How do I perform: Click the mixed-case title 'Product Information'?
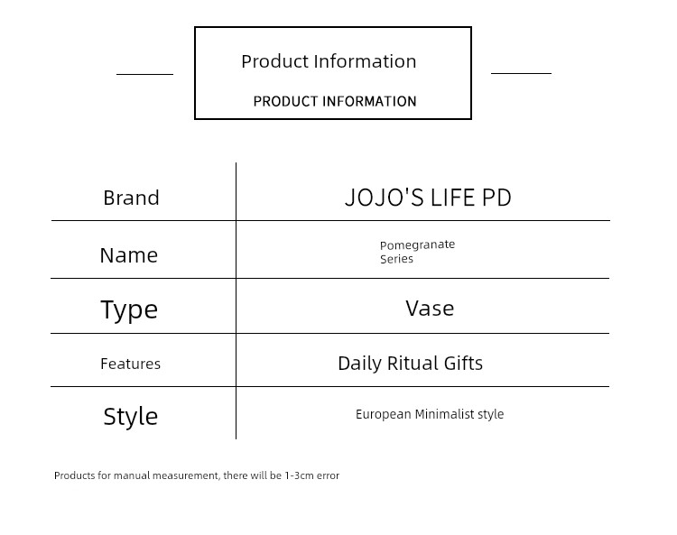(x=329, y=61)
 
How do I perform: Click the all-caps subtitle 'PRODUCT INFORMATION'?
(x=335, y=101)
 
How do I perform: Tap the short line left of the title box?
(x=144, y=74)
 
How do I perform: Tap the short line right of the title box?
(x=521, y=73)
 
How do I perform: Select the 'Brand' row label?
(x=131, y=198)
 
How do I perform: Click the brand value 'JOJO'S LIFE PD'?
(x=428, y=198)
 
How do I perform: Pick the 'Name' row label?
(x=129, y=255)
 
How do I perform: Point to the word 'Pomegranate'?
(x=417, y=245)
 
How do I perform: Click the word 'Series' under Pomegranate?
(x=396, y=259)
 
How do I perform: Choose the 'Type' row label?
(x=129, y=309)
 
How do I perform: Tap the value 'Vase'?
(x=430, y=309)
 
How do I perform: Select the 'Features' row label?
(x=130, y=364)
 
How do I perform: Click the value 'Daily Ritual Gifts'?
(x=410, y=364)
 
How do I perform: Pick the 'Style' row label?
(x=130, y=416)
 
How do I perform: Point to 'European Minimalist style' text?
(x=430, y=414)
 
